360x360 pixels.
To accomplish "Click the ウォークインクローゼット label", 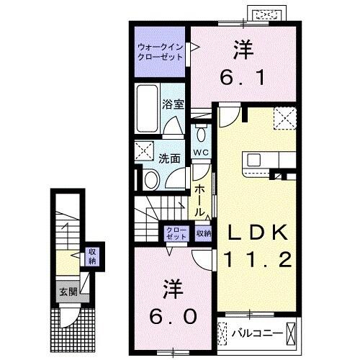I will point(159,53).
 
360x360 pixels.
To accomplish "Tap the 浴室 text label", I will point(174,103).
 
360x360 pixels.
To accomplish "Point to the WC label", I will point(200,153).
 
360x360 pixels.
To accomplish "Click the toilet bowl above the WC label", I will point(201,135).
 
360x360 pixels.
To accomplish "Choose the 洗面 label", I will point(169,158).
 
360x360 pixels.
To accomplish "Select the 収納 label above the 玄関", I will point(92,256).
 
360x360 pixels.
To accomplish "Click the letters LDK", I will point(259,233).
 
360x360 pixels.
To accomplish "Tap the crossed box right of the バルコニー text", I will point(291,333).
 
